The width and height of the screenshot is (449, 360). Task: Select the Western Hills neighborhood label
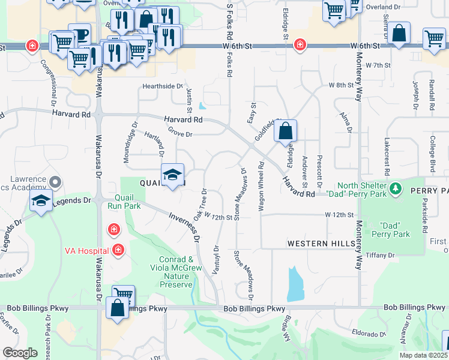(316, 244)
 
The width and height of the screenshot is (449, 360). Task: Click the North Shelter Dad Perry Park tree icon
(396, 189)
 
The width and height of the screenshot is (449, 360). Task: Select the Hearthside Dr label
(162, 86)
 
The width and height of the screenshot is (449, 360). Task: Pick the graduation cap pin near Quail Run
(172, 175)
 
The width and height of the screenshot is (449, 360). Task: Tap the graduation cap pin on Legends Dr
(41, 201)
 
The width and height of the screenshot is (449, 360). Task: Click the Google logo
(20, 352)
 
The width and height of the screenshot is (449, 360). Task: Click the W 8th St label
(342, 86)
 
